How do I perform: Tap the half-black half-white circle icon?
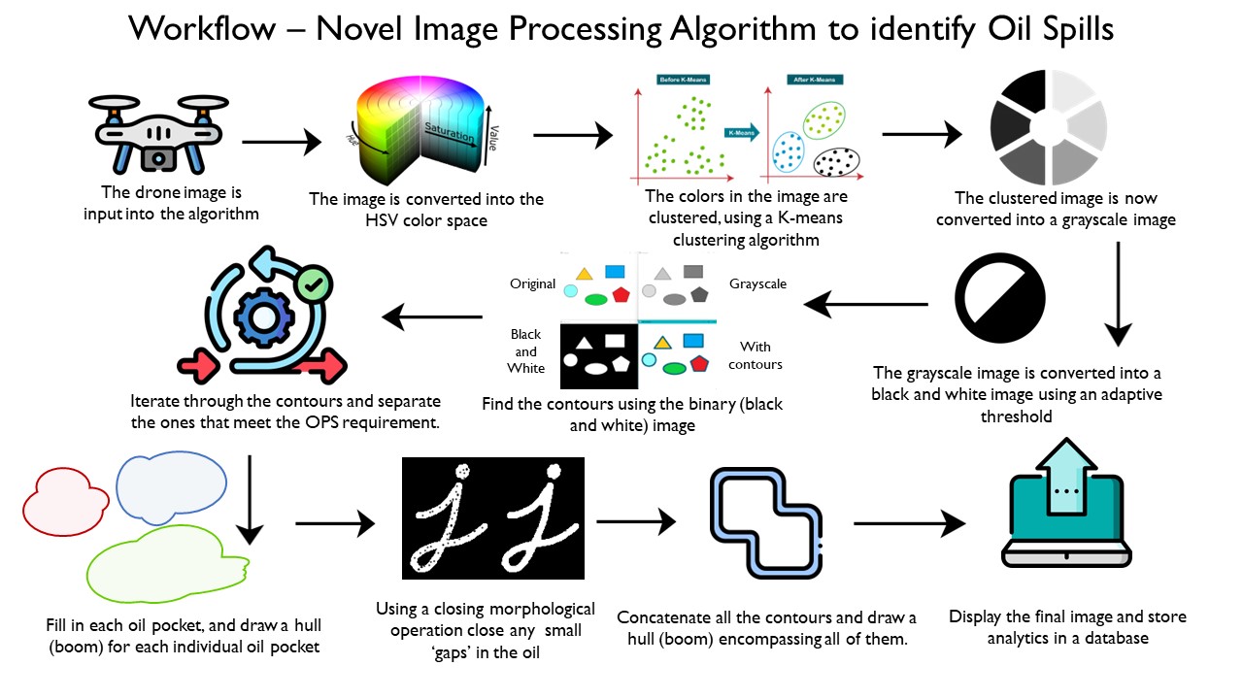tap(1000, 289)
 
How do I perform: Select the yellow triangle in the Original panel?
tap(584, 275)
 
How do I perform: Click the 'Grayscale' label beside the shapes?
tap(758, 284)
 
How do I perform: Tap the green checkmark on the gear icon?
tap(313, 284)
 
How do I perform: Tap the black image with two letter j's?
tap(493, 517)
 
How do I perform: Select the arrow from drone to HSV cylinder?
tap(281, 144)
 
